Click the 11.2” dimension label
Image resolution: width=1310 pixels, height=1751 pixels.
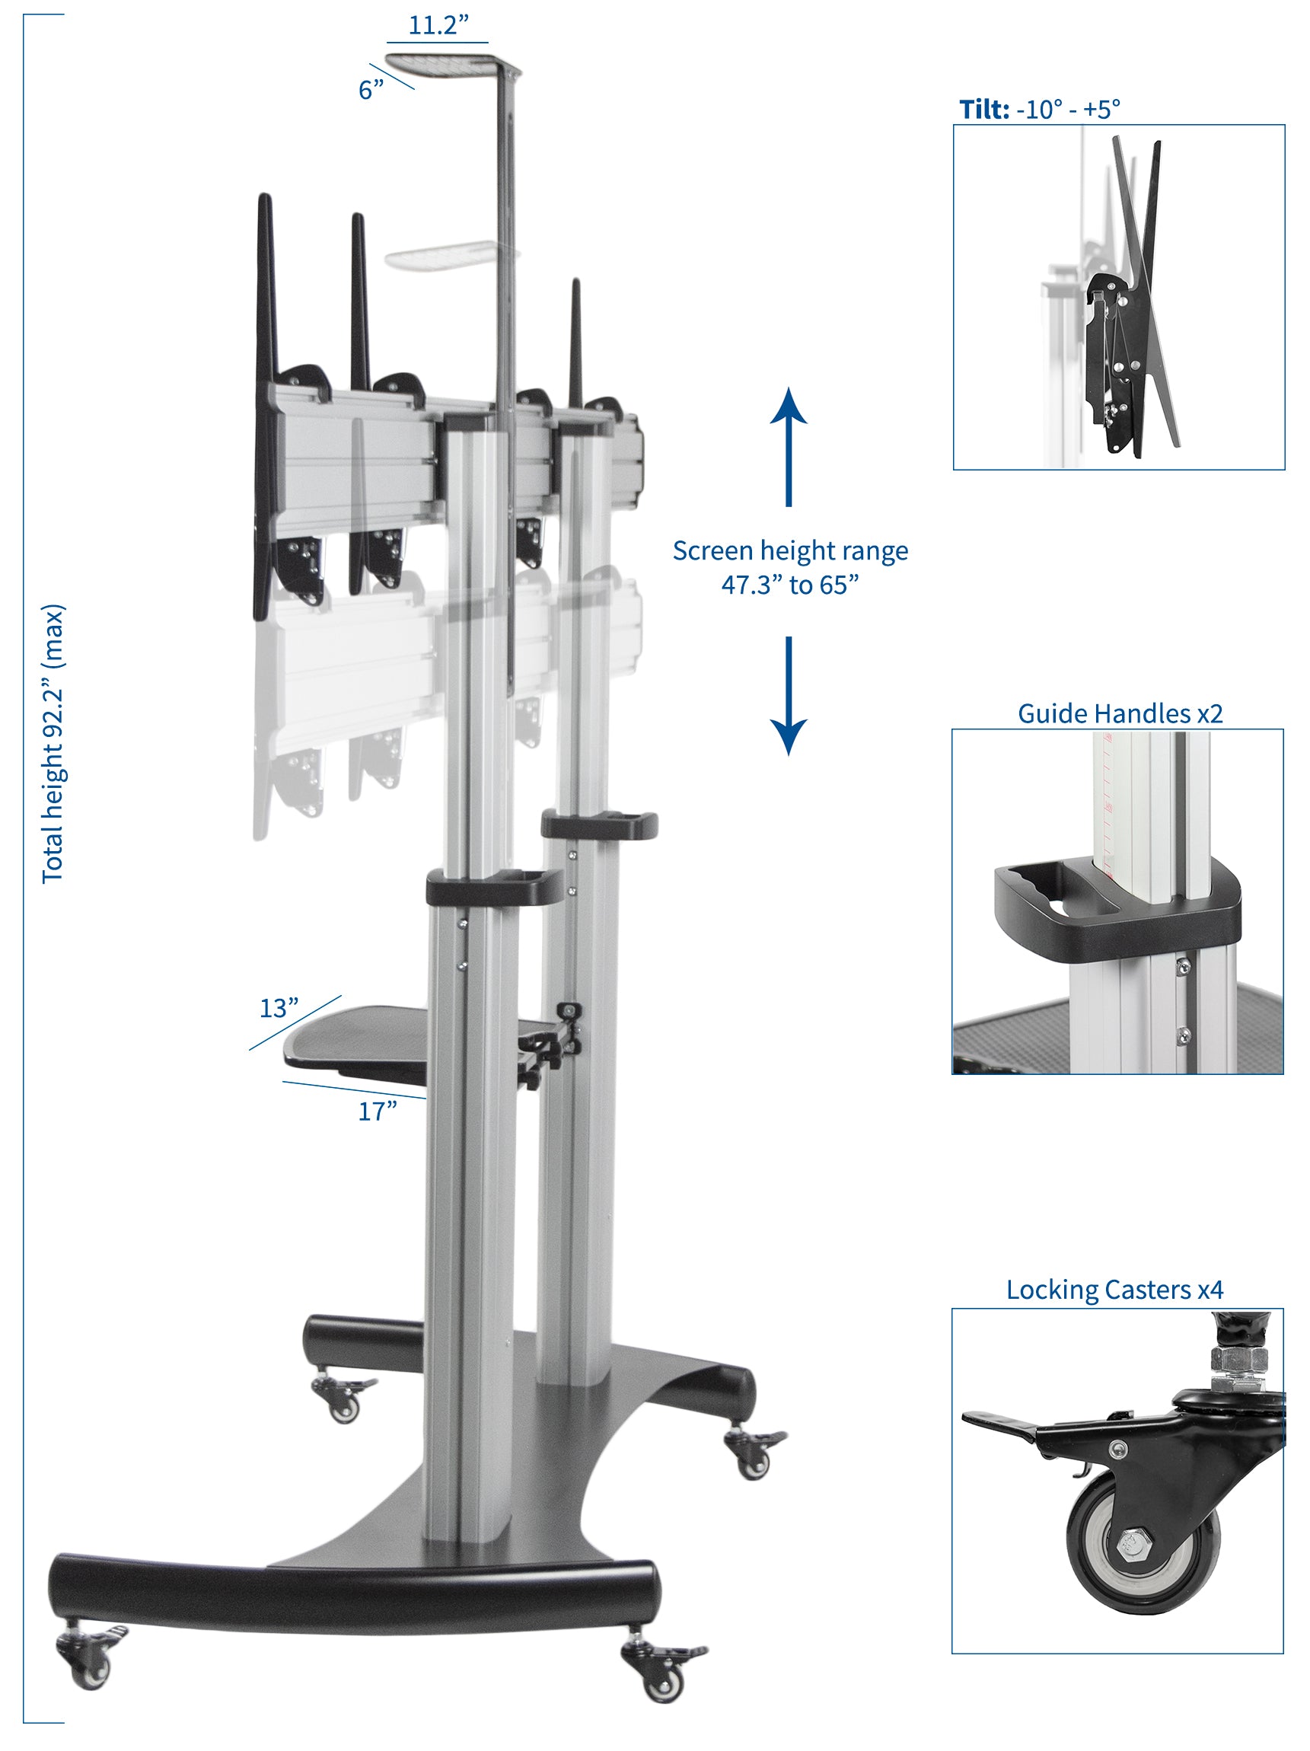coord(438,24)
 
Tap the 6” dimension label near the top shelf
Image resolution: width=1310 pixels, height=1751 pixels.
coord(371,89)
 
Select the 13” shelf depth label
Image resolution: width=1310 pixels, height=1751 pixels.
coord(279,1008)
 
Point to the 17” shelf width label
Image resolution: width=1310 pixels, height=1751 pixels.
coord(377,1111)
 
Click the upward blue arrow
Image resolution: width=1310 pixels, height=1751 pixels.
coord(789,446)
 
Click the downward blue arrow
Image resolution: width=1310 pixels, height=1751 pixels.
coord(789,696)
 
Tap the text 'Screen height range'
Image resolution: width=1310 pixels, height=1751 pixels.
coord(790,550)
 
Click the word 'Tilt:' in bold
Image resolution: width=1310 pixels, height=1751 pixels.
coord(984,108)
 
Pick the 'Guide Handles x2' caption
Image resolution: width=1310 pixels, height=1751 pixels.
coord(1119,713)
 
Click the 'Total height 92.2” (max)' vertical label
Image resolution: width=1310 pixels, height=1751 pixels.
coord(53,744)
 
